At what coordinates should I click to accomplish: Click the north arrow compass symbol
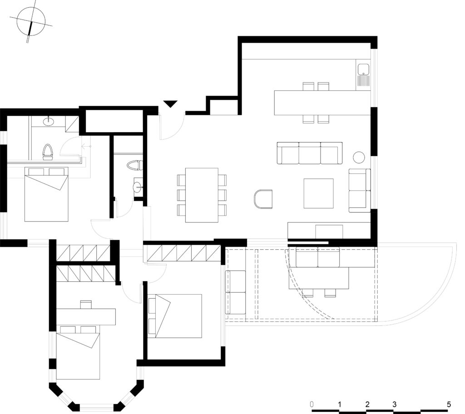[x=31, y=22]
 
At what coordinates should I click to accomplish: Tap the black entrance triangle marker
[x=171, y=104]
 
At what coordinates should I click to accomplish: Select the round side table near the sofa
[x=359, y=157]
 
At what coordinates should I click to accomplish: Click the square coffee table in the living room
[x=318, y=193]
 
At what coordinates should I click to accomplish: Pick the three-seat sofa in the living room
[x=310, y=153]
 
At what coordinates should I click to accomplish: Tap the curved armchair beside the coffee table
[x=263, y=199]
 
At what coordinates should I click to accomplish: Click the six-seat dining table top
[x=202, y=195]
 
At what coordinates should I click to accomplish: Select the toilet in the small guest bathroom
[x=134, y=165]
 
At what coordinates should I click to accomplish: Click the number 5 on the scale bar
[x=449, y=404]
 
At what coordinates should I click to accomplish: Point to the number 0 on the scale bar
[x=312, y=404]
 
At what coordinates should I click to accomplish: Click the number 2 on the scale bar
[x=367, y=404]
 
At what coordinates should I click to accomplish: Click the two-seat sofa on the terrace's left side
[x=236, y=292]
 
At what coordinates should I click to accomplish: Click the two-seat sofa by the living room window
[x=360, y=190]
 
